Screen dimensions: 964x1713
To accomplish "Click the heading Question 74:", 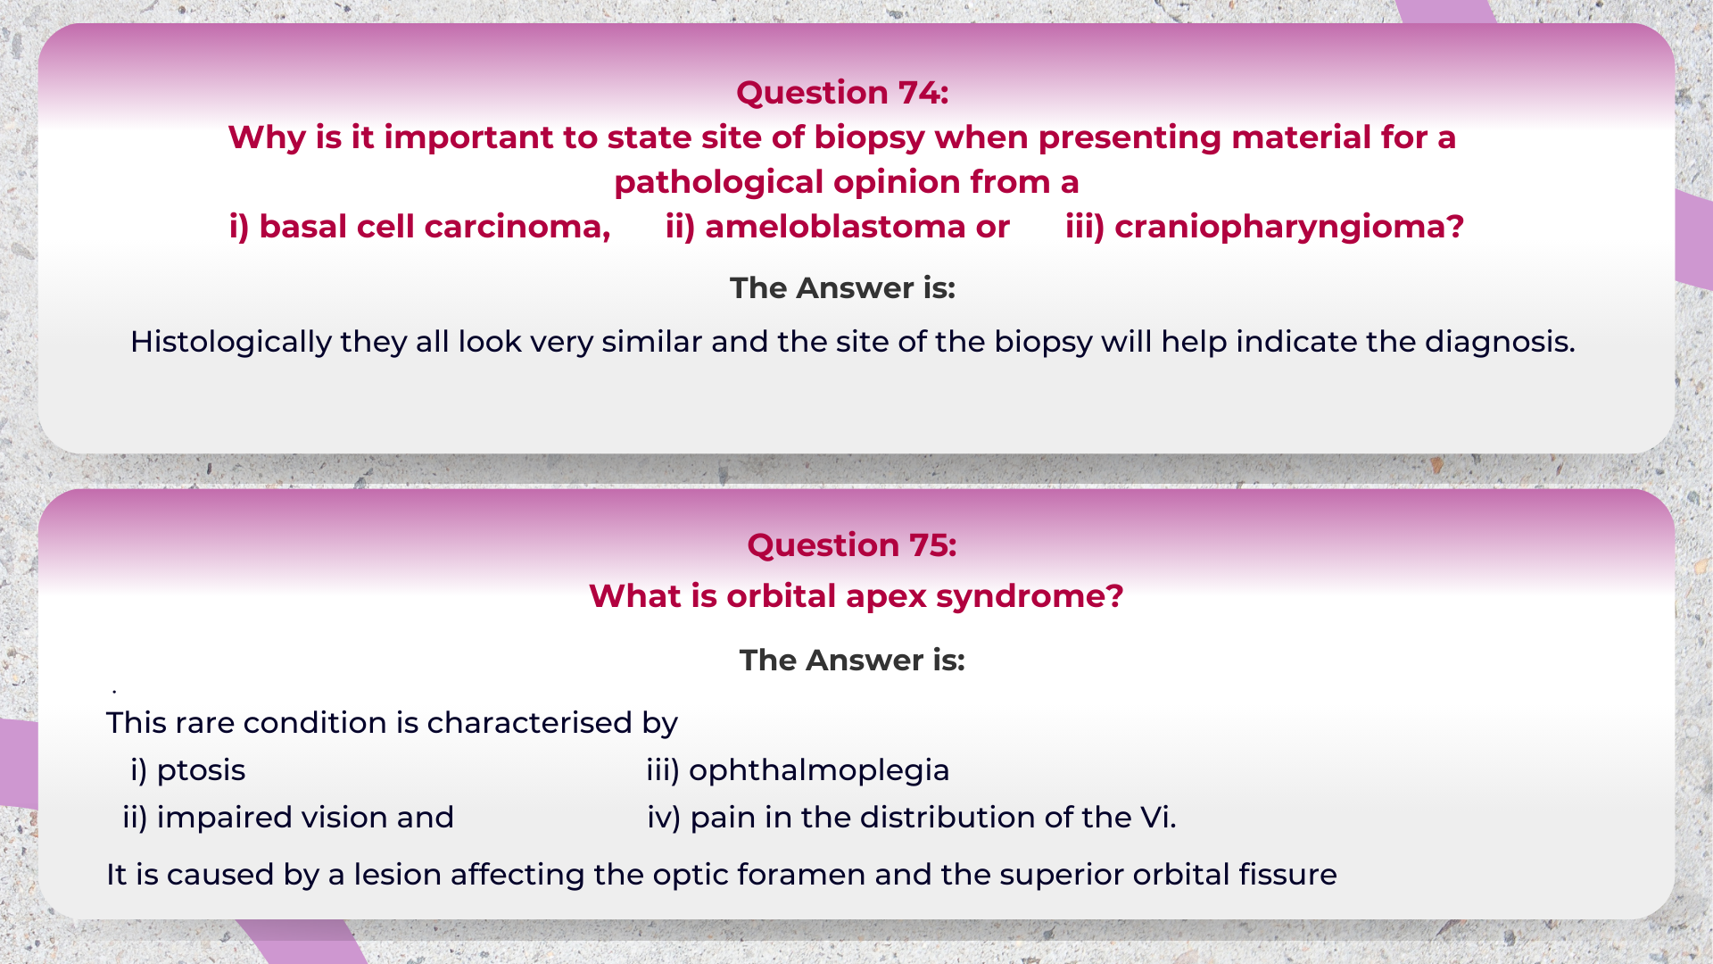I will (x=841, y=93).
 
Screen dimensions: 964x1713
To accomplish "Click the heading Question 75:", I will (x=851, y=545).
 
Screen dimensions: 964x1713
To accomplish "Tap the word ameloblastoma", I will (x=835, y=227).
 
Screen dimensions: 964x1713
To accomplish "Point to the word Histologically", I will (x=230, y=342).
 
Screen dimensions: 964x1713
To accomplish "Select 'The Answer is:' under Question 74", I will (x=841, y=288).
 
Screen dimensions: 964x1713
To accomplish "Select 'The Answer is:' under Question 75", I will (x=851, y=661).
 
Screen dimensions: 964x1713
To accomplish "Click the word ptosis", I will (x=201, y=770).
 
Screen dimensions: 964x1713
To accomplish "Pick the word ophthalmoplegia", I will (x=818, y=770).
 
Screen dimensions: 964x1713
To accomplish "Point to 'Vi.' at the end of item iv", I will (x=1157, y=818).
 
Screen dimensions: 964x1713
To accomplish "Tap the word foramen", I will (x=803, y=875).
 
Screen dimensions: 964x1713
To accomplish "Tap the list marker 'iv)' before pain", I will (x=664, y=818).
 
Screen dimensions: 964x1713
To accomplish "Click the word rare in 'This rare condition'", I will (x=204, y=723).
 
